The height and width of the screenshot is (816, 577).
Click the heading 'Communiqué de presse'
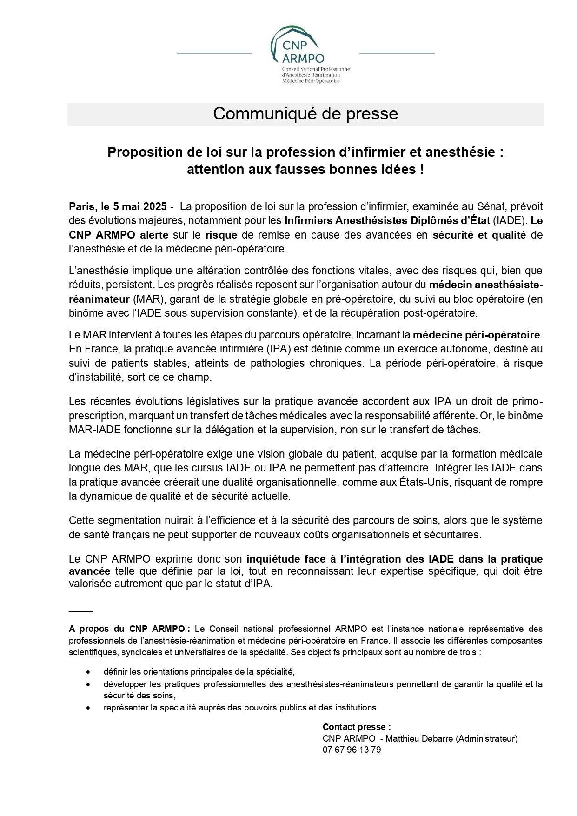305,114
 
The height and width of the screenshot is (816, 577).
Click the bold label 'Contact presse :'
357,727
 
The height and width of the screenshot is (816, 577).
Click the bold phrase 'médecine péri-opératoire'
477,334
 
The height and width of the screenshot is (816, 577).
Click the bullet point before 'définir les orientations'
88,672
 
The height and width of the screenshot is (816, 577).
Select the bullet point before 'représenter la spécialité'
88,708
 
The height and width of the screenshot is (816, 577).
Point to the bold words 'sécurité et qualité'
479,235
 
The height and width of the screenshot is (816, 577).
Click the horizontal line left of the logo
214,53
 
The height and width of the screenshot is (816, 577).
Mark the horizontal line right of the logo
397,53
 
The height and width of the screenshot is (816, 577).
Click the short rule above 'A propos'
80,610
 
